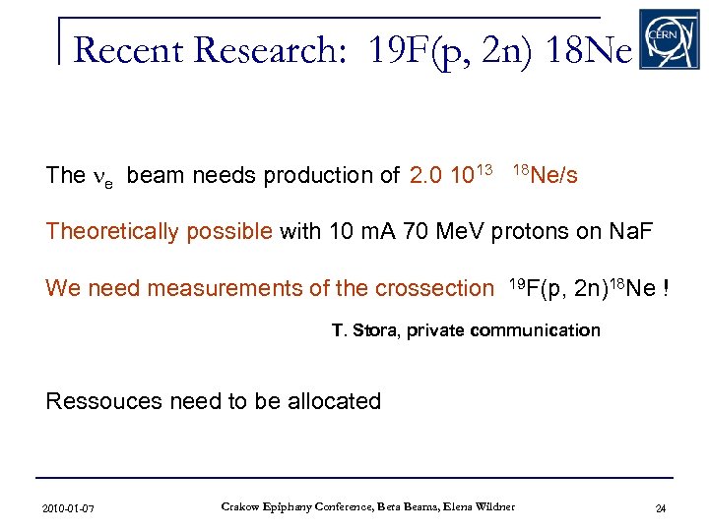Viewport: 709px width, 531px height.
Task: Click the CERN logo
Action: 669,39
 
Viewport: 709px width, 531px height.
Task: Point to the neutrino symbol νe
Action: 104,178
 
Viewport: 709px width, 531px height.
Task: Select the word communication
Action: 535,330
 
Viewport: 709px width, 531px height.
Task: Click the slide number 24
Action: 661,508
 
